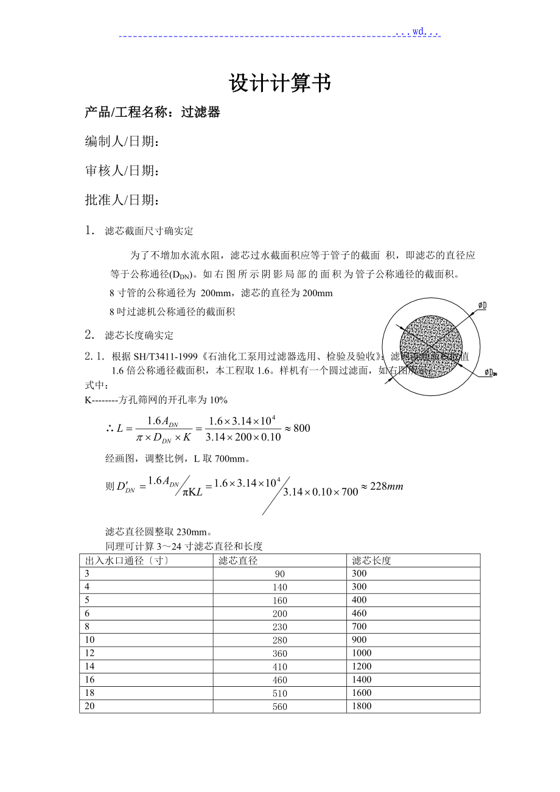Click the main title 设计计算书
[x=279, y=84]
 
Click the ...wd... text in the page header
[x=418, y=32]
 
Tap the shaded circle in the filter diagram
[x=431, y=345]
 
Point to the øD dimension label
[x=481, y=305]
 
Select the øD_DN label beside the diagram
[x=491, y=372]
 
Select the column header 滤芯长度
[x=371, y=560]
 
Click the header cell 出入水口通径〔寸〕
[x=127, y=560]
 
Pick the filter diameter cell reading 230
[x=280, y=627]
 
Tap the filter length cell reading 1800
[x=362, y=706]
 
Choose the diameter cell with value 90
[x=280, y=574]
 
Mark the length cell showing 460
[x=360, y=613]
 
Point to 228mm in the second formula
[x=382, y=486]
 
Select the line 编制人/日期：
[x=122, y=142]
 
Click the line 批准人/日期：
[x=122, y=200]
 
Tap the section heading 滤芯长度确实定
[x=139, y=335]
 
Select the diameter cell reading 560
[x=280, y=706]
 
